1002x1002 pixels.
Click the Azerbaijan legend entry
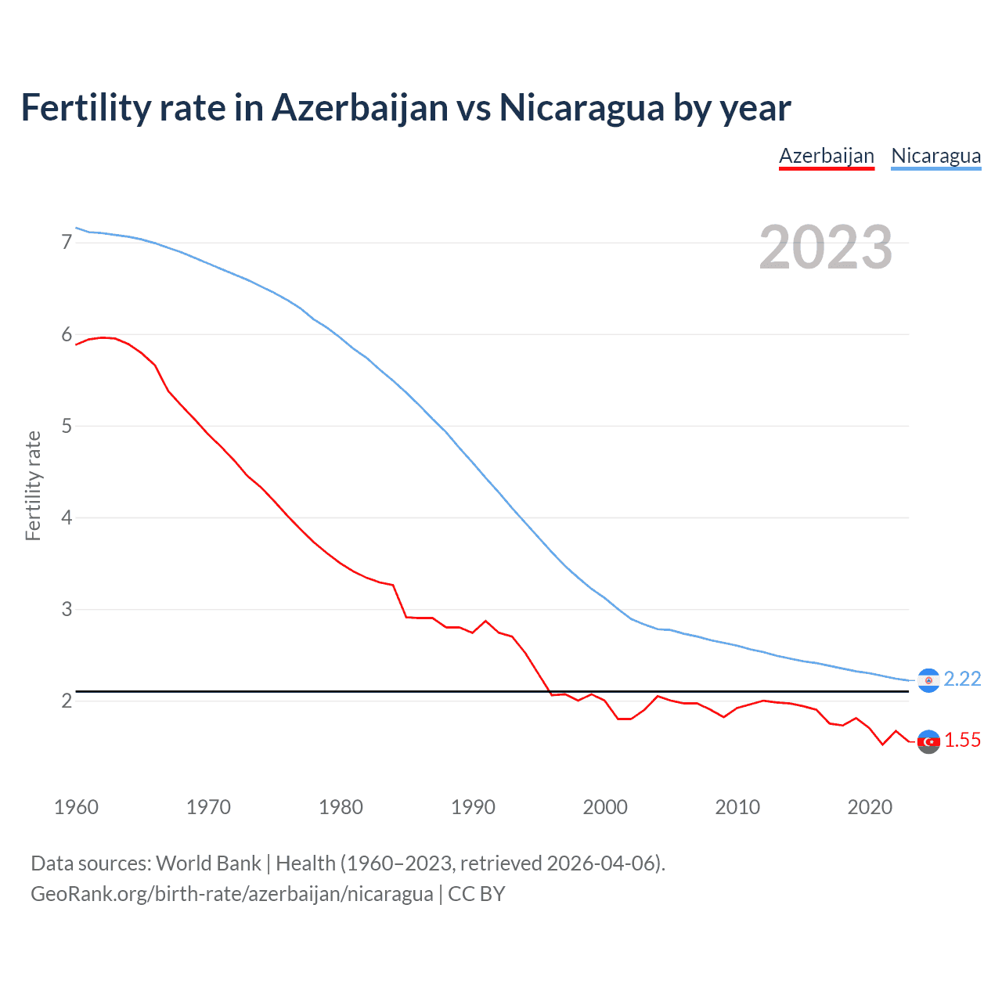click(x=826, y=156)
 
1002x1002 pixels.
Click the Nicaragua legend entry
click(x=935, y=156)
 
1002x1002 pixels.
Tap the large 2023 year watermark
click(x=825, y=247)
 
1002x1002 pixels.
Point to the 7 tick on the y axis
click(x=67, y=243)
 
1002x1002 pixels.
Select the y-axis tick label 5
click(x=67, y=427)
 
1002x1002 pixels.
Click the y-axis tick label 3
click(x=67, y=609)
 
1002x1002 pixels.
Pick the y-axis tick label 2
click(x=67, y=701)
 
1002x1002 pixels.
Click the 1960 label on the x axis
click(x=76, y=807)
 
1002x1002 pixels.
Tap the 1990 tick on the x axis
click(x=473, y=807)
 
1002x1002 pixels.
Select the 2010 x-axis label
click(x=737, y=807)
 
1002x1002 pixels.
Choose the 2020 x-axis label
click(x=870, y=807)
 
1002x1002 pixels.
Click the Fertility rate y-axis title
click(x=33, y=485)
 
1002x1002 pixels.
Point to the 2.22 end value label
click(x=962, y=679)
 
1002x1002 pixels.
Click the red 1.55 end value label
click(x=962, y=741)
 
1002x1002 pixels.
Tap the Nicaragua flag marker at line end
click(x=928, y=680)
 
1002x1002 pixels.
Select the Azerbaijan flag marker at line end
click(x=928, y=741)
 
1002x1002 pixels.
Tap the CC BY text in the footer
click(x=476, y=894)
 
